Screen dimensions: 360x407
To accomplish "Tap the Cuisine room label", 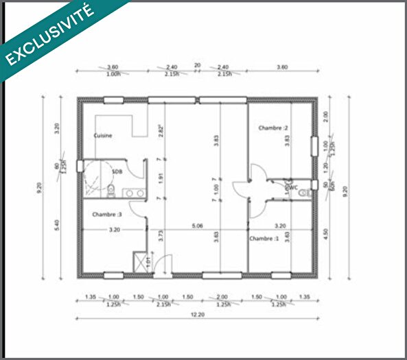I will (103, 136).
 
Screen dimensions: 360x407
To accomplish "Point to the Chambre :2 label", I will (272, 128).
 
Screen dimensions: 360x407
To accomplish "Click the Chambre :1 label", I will (264, 239).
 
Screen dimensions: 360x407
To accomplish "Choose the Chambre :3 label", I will (106, 213).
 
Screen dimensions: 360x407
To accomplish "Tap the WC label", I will (292, 186).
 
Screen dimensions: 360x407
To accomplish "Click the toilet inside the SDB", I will (111, 186).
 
